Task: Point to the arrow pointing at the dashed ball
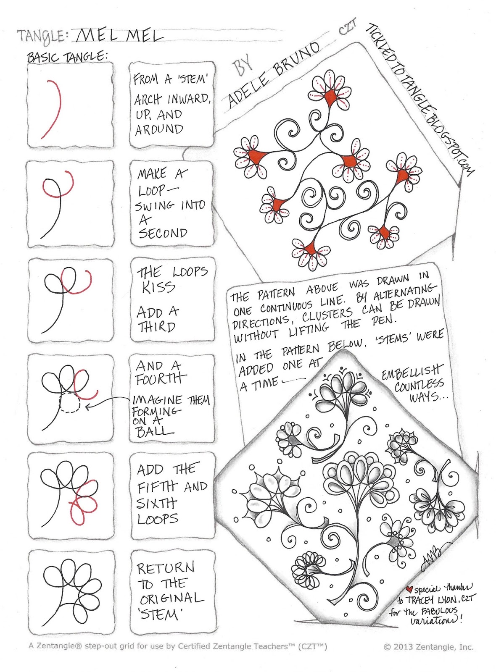[107, 402]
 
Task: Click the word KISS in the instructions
[158, 287]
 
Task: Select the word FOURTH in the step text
[161, 379]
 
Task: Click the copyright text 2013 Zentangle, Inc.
[429, 647]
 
